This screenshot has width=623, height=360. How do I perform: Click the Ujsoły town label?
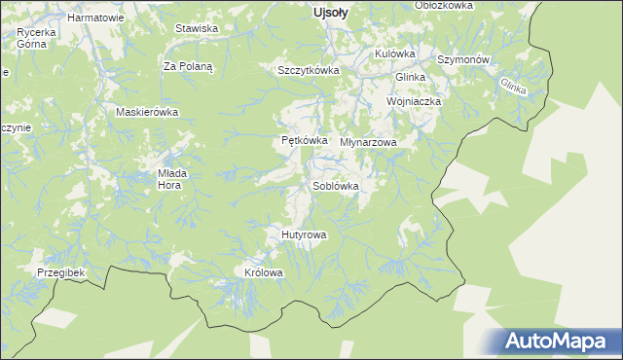pyautogui.click(x=331, y=13)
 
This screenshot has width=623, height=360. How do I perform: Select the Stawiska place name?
pyautogui.click(x=196, y=28)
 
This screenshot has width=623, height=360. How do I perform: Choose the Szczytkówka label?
pyautogui.click(x=308, y=70)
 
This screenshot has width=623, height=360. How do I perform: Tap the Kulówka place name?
pyautogui.click(x=395, y=54)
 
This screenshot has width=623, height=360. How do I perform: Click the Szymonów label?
pyautogui.click(x=461, y=59)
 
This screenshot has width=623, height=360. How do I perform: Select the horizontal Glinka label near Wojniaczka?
pyautogui.click(x=412, y=77)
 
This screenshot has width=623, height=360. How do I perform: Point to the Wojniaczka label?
pyautogui.click(x=415, y=101)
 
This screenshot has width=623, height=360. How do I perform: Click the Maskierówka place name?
pyautogui.click(x=148, y=111)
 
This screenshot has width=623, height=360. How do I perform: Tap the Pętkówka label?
pyautogui.click(x=297, y=141)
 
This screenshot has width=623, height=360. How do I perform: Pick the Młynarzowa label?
pyautogui.click(x=369, y=142)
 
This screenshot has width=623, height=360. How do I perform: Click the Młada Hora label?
pyautogui.click(x=172, y=179)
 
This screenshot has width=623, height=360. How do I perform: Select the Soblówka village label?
pyautogui.click(x=337, y=185)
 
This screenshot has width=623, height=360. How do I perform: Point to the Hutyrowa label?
pyautogui.click(x=304, y=234)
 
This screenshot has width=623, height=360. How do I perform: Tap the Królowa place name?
pyautogui.click(x=264, y=272)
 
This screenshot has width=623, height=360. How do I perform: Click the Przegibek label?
pyautogui.click(x=61, y=273)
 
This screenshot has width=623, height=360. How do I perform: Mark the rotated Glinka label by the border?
pyautogui.click(x=513, y=85)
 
